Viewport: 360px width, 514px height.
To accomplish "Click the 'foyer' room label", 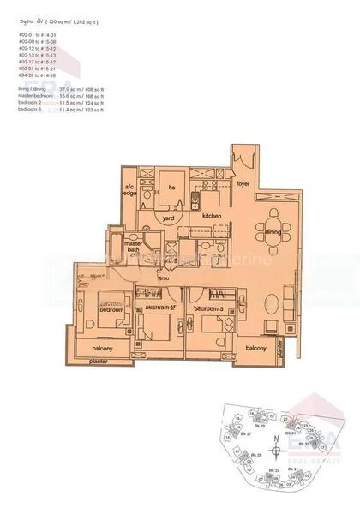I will (243, 182).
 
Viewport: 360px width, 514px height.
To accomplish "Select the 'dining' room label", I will (273, 231).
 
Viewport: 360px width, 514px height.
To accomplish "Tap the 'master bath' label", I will (133, 248).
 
